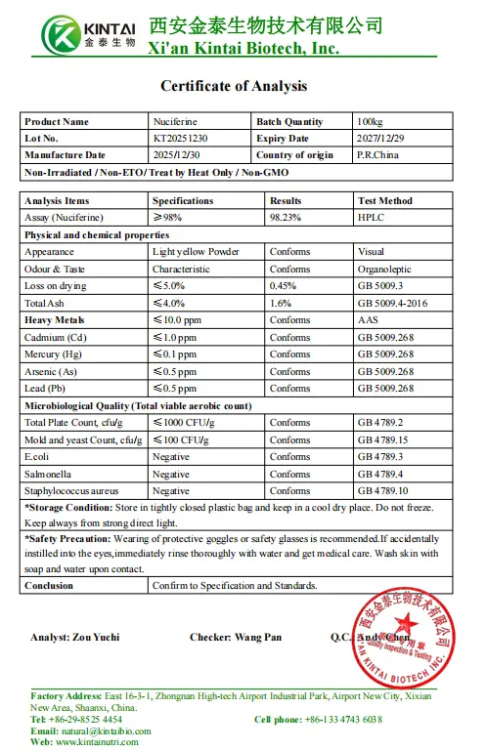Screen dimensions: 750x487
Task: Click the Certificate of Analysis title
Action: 234,86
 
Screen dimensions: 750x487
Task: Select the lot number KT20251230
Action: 180,139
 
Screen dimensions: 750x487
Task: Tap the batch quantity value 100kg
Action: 371,122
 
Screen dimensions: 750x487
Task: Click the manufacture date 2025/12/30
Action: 180,155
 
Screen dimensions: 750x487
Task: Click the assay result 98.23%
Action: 287,217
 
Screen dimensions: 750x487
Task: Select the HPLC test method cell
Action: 372,217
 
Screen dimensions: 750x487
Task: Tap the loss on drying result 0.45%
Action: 285,286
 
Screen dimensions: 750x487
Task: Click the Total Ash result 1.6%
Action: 282,303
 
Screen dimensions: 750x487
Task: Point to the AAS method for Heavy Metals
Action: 368,319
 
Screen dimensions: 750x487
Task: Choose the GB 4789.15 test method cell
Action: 388,439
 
